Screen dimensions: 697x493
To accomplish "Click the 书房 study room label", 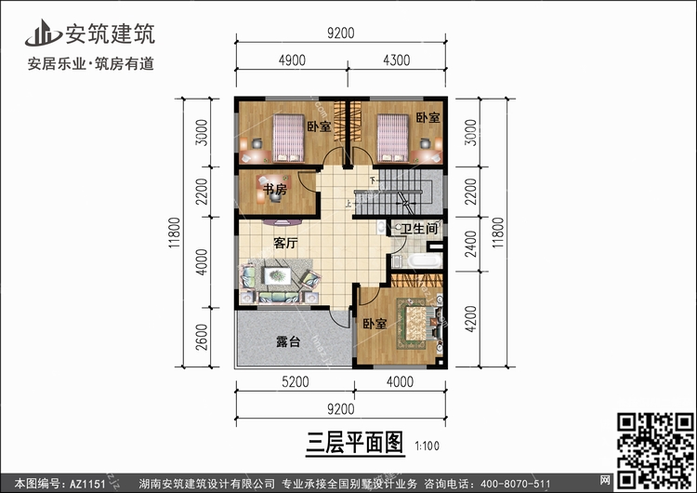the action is click(275, 190).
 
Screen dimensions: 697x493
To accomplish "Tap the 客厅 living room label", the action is click(285, 243).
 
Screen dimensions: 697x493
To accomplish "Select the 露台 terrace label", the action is click(288, 341).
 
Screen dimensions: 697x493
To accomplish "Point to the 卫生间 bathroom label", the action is click(419, 229).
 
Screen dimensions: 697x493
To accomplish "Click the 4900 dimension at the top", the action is click(292, 60).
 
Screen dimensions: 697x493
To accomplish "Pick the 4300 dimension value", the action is click(397, 60).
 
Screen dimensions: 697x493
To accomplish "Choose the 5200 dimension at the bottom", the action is click(296, 381).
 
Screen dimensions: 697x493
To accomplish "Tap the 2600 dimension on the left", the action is click(202, 337).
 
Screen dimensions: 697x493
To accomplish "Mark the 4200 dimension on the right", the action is click(470, 319).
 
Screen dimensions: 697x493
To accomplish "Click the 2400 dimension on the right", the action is click(470, 244).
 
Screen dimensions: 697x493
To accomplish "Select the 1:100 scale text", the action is click(427, 446).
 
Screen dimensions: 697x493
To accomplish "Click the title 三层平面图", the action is click(355, 443).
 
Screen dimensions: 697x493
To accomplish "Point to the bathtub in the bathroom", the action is click(425, 260).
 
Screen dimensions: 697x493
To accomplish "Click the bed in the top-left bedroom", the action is click(288, 138).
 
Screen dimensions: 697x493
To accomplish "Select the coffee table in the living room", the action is click(277, 276).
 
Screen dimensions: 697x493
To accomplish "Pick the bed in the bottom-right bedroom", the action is click(415, 324).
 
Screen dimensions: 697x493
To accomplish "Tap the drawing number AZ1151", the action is click(87, 484).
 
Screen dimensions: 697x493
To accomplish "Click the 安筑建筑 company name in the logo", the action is click(111, 33).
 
